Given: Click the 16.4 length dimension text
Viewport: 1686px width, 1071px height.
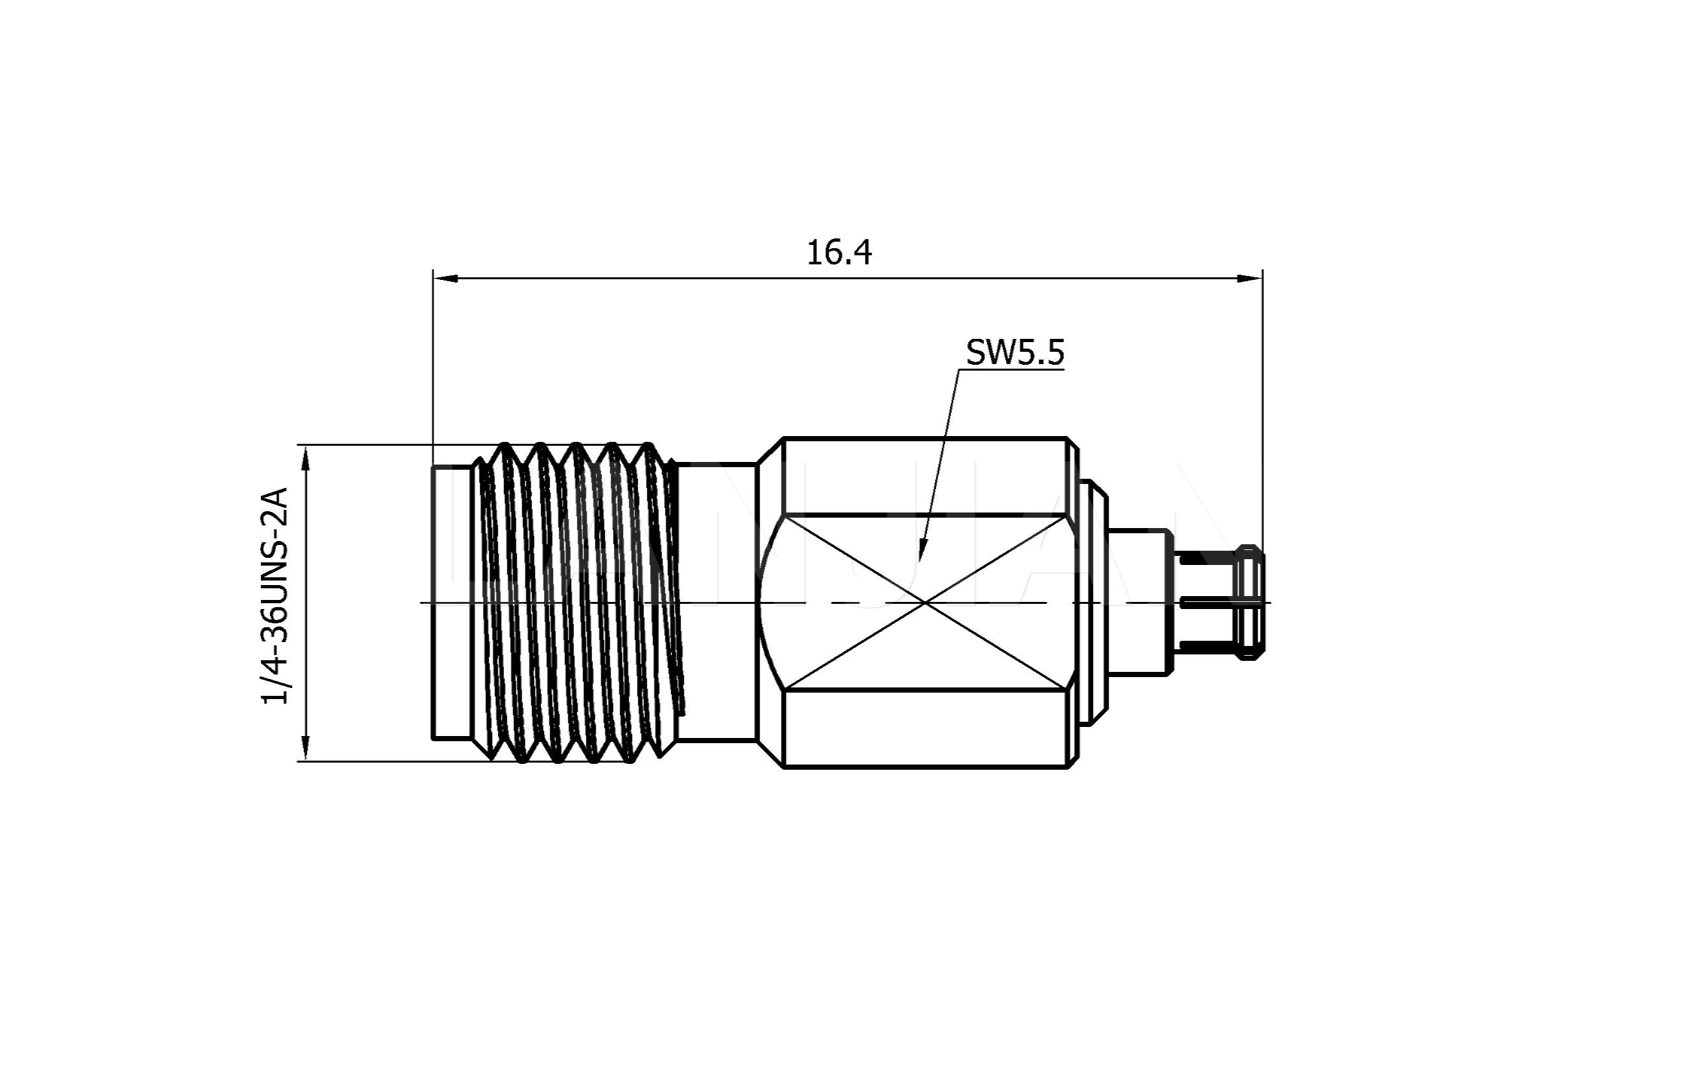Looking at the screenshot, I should pyautogui.click(x=839, y=253).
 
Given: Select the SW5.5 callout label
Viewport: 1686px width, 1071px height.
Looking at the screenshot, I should pyautogui.click(x=1014, y=353).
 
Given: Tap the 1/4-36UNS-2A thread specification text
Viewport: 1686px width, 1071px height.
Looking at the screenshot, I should pyautogui.click(x=275, y=595).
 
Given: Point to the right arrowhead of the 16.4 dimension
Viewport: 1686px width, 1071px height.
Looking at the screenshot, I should pyautogui.click(x=1251, y=278).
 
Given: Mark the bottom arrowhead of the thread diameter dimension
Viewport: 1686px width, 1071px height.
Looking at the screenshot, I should pyautogui.click(x=305, y=748).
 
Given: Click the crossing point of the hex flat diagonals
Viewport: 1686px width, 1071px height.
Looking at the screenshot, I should pyautogui.click(x=926, y=602).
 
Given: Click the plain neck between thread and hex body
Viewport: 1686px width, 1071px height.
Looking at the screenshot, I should pyautogui.click(x=718, y=602).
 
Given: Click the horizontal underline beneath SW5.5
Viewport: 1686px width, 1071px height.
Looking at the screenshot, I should pyautogui.click(x=1012, y=369).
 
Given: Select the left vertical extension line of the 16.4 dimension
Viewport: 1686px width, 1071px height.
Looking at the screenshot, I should pyautogui.click(x=433, y=364).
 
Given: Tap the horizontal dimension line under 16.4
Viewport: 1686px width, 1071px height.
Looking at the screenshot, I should pyautogui.click(x=700, y=278).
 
